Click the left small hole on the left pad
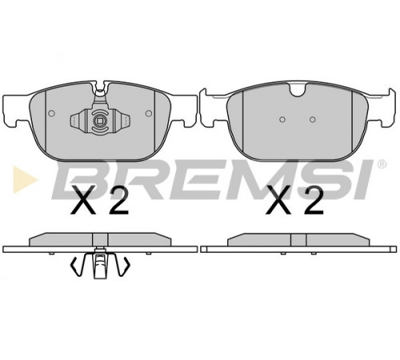tap(51, 114)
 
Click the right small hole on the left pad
tap(149, 114)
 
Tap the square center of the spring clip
tap(100, 121)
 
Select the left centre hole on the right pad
tap(282, 119)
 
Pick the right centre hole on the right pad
tap(313, 119)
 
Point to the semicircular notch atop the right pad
tap(298, 90)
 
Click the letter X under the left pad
tap(84, 200)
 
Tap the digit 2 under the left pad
tap(119, 200)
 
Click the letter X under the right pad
tap(278, 200)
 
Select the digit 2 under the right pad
tap(314, 200)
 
